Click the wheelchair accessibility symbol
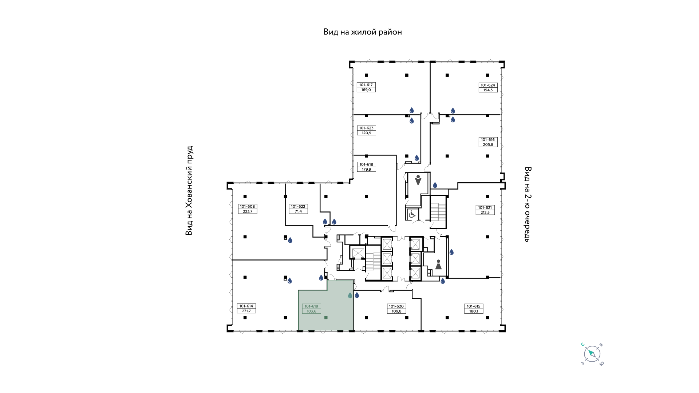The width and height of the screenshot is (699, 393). click(412, 214)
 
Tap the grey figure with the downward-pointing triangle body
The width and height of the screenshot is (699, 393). click(418, 180)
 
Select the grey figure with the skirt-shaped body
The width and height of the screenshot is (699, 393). click(438, 265)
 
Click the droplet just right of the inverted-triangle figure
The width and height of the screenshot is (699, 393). click(435, 185)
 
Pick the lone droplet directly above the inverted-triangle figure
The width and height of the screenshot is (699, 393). click(417, 158)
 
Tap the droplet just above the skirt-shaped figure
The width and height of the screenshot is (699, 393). click(451, 252)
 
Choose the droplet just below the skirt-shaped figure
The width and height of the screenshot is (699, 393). click(443, 281)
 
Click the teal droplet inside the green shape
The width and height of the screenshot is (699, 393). click(350, 295)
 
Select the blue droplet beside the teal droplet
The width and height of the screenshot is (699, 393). click(357, 295)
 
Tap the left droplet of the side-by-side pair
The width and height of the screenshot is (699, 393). click(325, 222)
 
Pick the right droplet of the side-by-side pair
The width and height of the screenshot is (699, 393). click(334, 222)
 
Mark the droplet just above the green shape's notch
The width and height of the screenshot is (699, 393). click(321, 278)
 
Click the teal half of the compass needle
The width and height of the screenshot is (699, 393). click(590, 352)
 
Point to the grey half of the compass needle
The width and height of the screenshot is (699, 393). click(594, 356)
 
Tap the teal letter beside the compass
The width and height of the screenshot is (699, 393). click(582, 344)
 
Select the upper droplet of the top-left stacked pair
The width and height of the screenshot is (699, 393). click(412, 110)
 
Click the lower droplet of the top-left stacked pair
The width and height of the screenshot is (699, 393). click(412, 121)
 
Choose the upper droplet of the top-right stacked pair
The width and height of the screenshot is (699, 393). click(453, 111)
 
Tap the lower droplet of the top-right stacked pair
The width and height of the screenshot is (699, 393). click(453, 120)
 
